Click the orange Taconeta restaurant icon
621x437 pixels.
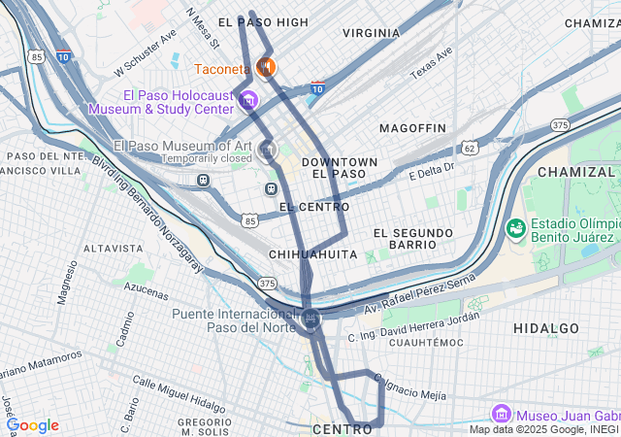[264, 68]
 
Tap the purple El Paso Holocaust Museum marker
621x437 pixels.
[249, 101]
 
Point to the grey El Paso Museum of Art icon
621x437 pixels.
[269, 150]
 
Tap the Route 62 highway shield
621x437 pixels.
[470, 148]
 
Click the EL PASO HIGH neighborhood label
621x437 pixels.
[263, 21]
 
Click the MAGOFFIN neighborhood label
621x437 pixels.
[412, 128]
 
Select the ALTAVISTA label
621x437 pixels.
[114, 249]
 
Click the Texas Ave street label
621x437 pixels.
[431, 63]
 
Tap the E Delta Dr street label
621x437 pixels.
[432, 172]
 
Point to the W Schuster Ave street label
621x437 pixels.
[146, 51]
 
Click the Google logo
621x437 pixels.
[33, 425]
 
